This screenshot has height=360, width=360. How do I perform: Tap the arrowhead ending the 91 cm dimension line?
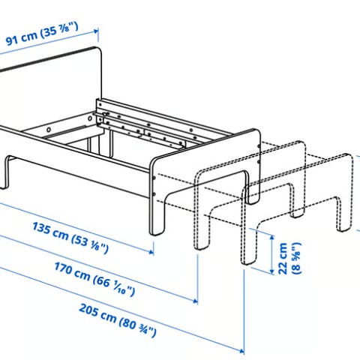pos(96,31)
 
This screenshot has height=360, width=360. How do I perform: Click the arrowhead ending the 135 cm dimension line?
pos(151,251)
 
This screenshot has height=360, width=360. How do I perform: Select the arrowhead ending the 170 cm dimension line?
pos(195,301)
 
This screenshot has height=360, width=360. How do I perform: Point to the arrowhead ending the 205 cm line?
pos(241,351)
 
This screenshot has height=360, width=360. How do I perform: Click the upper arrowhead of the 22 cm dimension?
pos(272,237)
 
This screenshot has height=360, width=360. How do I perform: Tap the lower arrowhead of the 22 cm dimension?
pos(272,271)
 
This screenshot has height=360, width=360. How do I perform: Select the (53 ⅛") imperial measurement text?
pos(90,244)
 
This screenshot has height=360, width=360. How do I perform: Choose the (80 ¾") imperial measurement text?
pos(138,327)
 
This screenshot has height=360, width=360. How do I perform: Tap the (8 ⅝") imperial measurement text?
pos(297,258)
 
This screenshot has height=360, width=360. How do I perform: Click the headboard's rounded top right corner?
pos(99,50)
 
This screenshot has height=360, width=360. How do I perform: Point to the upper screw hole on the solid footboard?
pos(154,178)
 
